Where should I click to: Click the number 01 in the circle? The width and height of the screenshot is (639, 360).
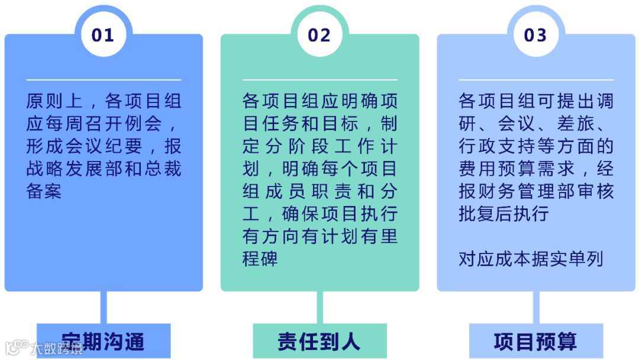[102, 36]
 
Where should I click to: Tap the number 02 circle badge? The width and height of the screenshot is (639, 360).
[319, 36]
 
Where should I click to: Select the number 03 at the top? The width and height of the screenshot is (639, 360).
[535, 36]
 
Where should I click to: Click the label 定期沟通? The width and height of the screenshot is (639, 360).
[104, 342]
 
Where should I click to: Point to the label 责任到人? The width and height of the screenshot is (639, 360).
[319, 342]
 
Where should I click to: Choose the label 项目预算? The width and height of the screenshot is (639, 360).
[535, 342]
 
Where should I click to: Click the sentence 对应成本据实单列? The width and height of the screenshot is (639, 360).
[531, 259]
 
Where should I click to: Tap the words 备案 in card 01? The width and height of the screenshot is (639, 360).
[44, 192]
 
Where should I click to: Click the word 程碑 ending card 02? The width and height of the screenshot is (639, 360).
[260, 259]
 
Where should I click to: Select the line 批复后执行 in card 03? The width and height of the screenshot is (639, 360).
[504, 214]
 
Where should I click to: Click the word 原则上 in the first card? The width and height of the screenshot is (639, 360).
[54, 101]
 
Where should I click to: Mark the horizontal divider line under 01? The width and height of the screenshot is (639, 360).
[104, 80]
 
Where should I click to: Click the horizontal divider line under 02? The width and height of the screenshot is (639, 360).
[319, 80]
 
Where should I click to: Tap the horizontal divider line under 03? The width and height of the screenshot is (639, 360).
[535, 80]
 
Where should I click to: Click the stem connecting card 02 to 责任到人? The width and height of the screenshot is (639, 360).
[320, 307]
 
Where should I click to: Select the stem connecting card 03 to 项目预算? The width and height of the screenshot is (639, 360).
[536, 307]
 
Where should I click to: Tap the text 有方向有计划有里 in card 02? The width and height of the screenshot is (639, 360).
[319, 236]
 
